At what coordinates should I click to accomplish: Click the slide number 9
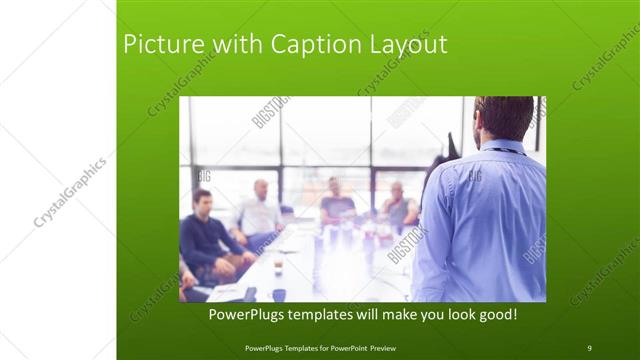click(589, 347)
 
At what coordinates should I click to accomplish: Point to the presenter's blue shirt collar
click(500, 149)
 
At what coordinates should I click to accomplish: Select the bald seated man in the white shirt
click(259, 212)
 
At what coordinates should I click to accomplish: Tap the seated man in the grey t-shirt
click(337, 204)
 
